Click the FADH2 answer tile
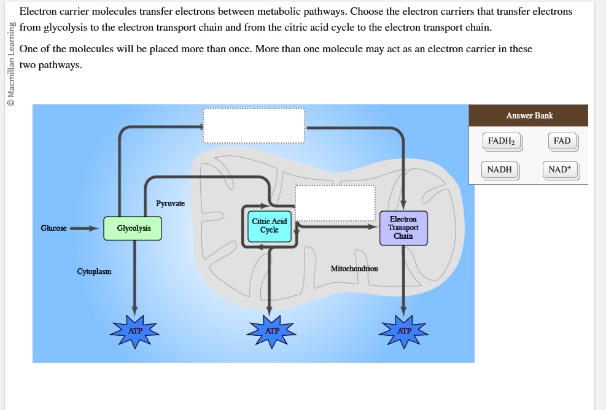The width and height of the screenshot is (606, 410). click(501, 141)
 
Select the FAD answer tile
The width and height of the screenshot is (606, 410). click(562, 141)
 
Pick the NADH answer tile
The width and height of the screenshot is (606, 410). click(499, 169)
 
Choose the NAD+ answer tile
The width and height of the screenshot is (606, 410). click(561, 169)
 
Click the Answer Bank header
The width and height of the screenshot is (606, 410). click(529, 115)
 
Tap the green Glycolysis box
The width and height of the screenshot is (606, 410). click(133, 228)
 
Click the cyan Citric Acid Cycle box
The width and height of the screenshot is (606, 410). click(269, 225)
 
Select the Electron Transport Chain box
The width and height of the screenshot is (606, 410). click(403, 228)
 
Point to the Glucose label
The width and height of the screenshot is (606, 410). click(53, 228)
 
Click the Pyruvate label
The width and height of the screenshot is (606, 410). click(170, 203)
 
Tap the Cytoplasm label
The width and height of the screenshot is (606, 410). click(94, 271)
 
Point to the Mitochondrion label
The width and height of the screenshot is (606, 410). click(354, 268)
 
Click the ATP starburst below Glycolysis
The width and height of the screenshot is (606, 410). click(135, 331)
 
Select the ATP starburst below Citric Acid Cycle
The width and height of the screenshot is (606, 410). click(271, 331)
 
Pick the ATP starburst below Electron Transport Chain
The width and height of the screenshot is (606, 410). click(404, 331)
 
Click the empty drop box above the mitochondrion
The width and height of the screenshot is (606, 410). click(254, 126)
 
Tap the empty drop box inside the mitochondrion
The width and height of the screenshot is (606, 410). click(335, 203)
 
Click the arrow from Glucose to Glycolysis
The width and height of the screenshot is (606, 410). click(84, 229)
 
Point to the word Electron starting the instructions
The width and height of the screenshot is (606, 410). click(39, 12)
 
